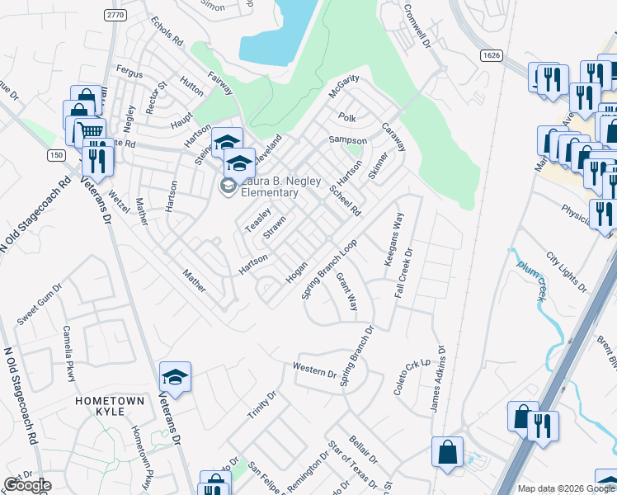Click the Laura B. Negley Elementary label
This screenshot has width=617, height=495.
tap(268, 186)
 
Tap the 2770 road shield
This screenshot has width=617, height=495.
tap(115, 15)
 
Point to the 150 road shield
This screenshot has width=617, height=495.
tap(55, 155)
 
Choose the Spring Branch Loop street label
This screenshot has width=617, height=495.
tap(328, 270)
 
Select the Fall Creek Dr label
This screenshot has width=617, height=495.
tap(405, 272)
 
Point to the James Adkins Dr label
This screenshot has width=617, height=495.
tap(436, 379)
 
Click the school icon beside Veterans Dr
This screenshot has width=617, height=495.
tap(175, 378)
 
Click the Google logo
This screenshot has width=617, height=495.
tap(27, 485)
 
